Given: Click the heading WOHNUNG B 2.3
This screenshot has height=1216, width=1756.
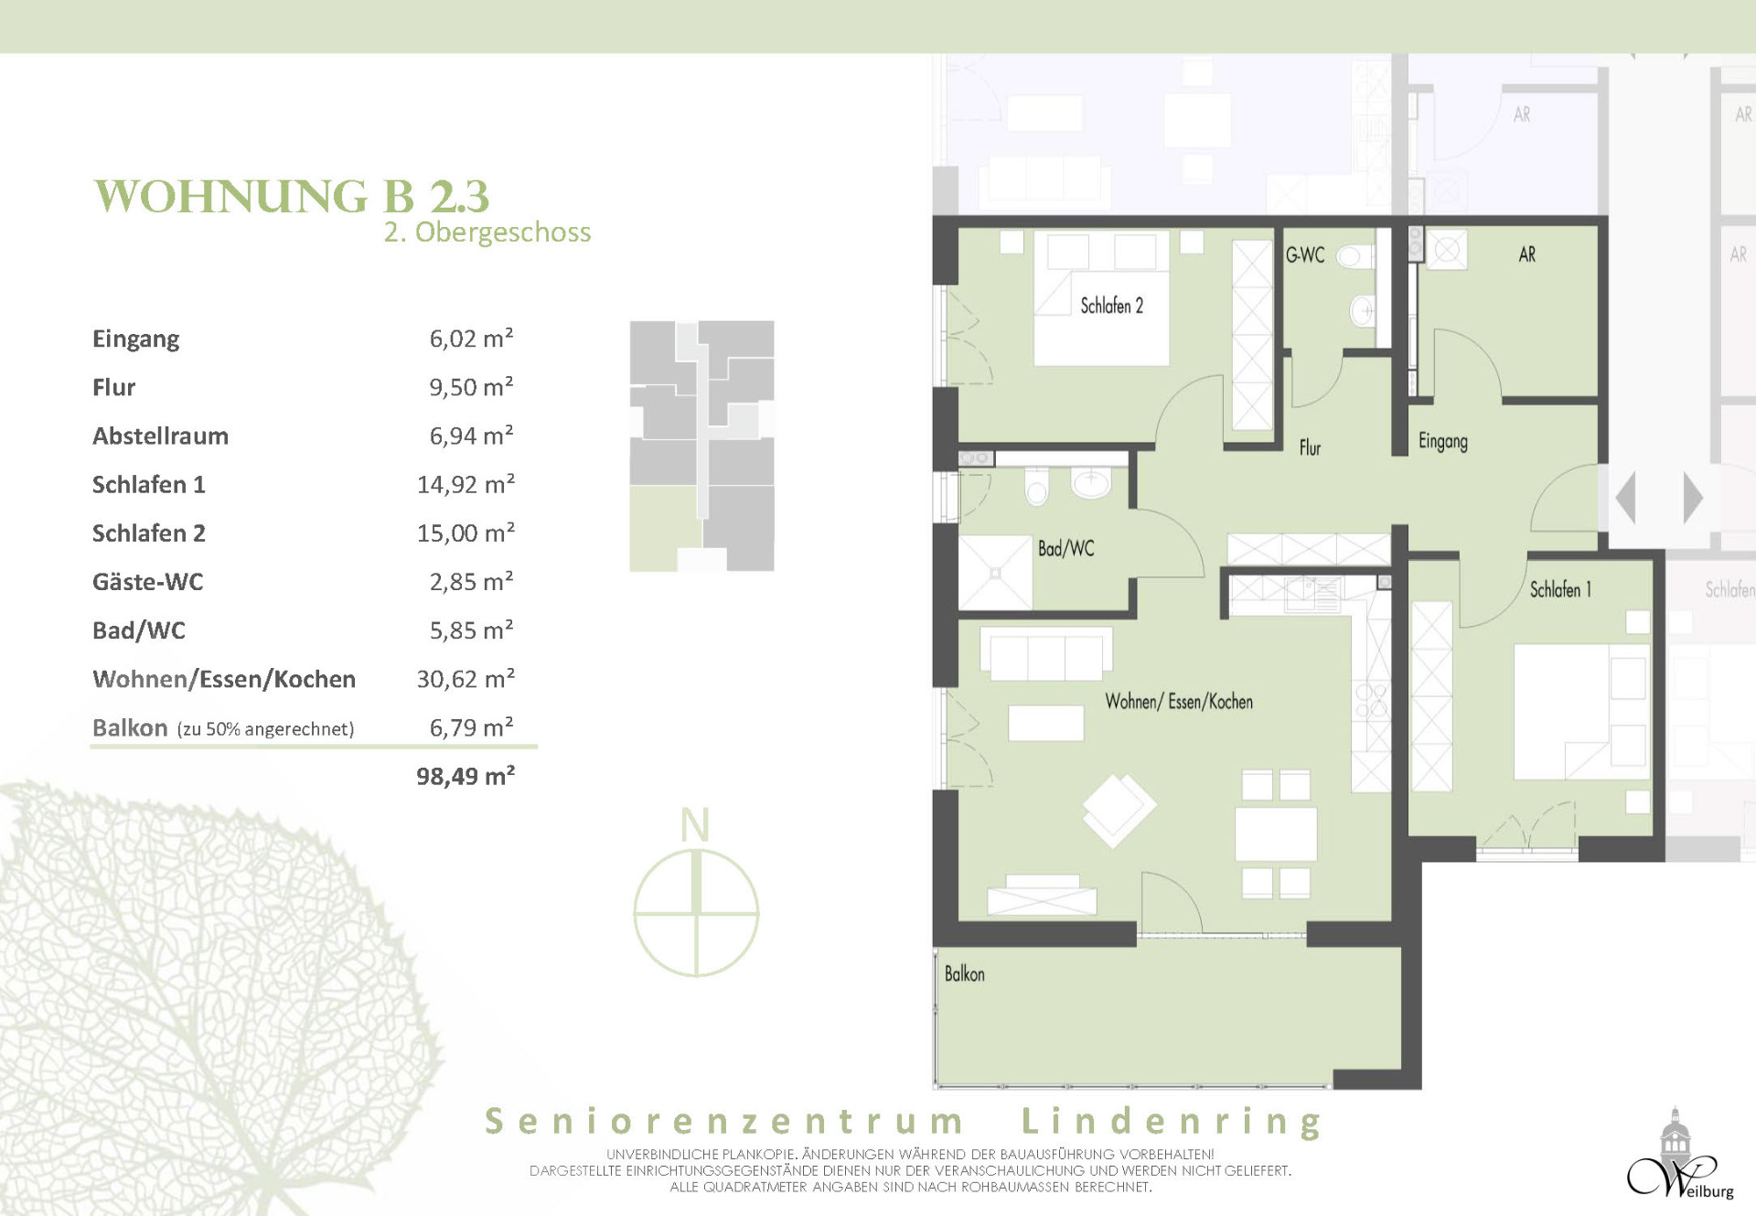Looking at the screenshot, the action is [x=292, y=196].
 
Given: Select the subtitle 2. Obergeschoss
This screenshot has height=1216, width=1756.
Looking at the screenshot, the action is [x=487, y=232].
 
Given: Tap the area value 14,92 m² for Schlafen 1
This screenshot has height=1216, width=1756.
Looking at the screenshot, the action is [x=466, y=484].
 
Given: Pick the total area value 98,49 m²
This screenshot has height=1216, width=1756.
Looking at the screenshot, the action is [x=466, y=776].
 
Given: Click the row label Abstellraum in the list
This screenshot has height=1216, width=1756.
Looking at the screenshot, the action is [x=160, y=436].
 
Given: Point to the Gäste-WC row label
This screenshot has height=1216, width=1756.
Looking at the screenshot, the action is [x=147, y=581].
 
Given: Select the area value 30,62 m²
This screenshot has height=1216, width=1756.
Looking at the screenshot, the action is [x=466, y=679].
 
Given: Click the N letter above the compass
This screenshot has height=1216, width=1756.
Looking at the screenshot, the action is [x=695, y=825].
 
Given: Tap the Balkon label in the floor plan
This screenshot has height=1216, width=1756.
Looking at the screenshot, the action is [x=964, y=974].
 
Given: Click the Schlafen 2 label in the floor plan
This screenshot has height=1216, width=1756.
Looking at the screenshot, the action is [x=1111, y=306].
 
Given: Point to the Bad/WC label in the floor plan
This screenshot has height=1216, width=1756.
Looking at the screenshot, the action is [x=1065, y=549].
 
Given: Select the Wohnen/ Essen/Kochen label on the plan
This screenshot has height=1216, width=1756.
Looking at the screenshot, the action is [x=1179, y=702].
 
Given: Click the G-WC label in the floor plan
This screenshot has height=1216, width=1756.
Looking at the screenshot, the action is [x=1304, y=255].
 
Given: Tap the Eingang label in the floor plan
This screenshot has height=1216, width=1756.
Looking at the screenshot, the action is [x=1442, y=442].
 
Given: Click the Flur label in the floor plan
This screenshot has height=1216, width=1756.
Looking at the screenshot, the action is [x=1310, y=447].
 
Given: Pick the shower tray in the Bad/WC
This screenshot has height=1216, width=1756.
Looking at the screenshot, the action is [x=995, y=573].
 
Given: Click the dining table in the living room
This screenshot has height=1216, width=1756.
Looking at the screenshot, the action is [x=1276, y=834].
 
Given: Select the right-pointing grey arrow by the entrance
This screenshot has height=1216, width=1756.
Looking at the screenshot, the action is [x=1693, y=498].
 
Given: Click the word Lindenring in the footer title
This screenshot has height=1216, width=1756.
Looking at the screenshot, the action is [x=1172, y=1121].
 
